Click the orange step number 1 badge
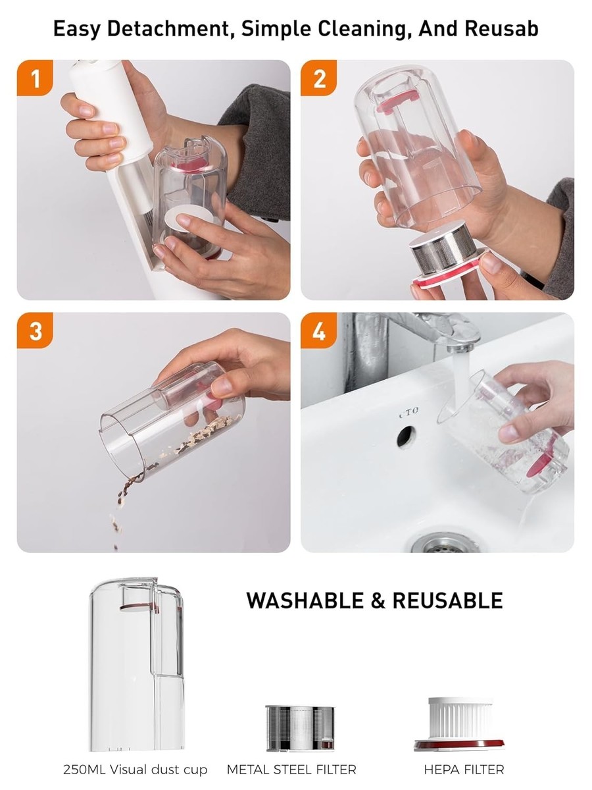click(x=35, y=78)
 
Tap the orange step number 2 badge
click(x=318, y=78)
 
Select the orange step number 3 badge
click(x=35, y=330)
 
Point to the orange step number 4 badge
click(x=318, y=330)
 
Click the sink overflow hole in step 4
click(x=407, y=436)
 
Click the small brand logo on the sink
click(x=409, y=412)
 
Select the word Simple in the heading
click(x=276, y=29)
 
